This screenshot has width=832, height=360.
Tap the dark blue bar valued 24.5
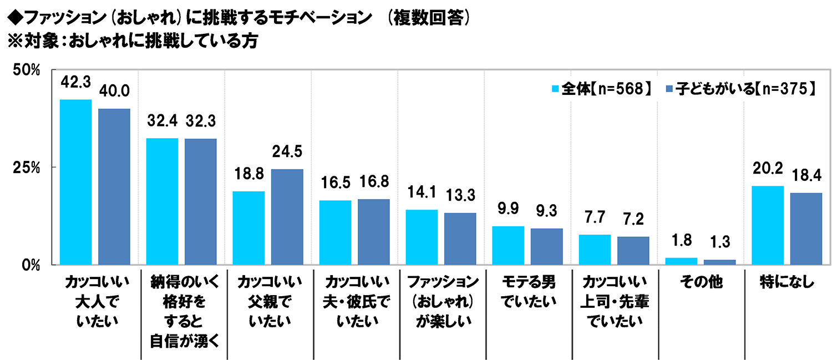pos(287,217)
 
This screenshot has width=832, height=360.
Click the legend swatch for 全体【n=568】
pos(555,89)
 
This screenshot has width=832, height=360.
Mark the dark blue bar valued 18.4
pos(806,229)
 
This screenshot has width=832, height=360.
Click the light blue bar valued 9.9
pos(508,245)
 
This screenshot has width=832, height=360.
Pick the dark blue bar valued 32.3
pos(200,201)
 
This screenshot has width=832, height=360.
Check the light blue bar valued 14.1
pos(422,237)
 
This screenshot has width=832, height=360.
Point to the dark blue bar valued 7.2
pos(633,251)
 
